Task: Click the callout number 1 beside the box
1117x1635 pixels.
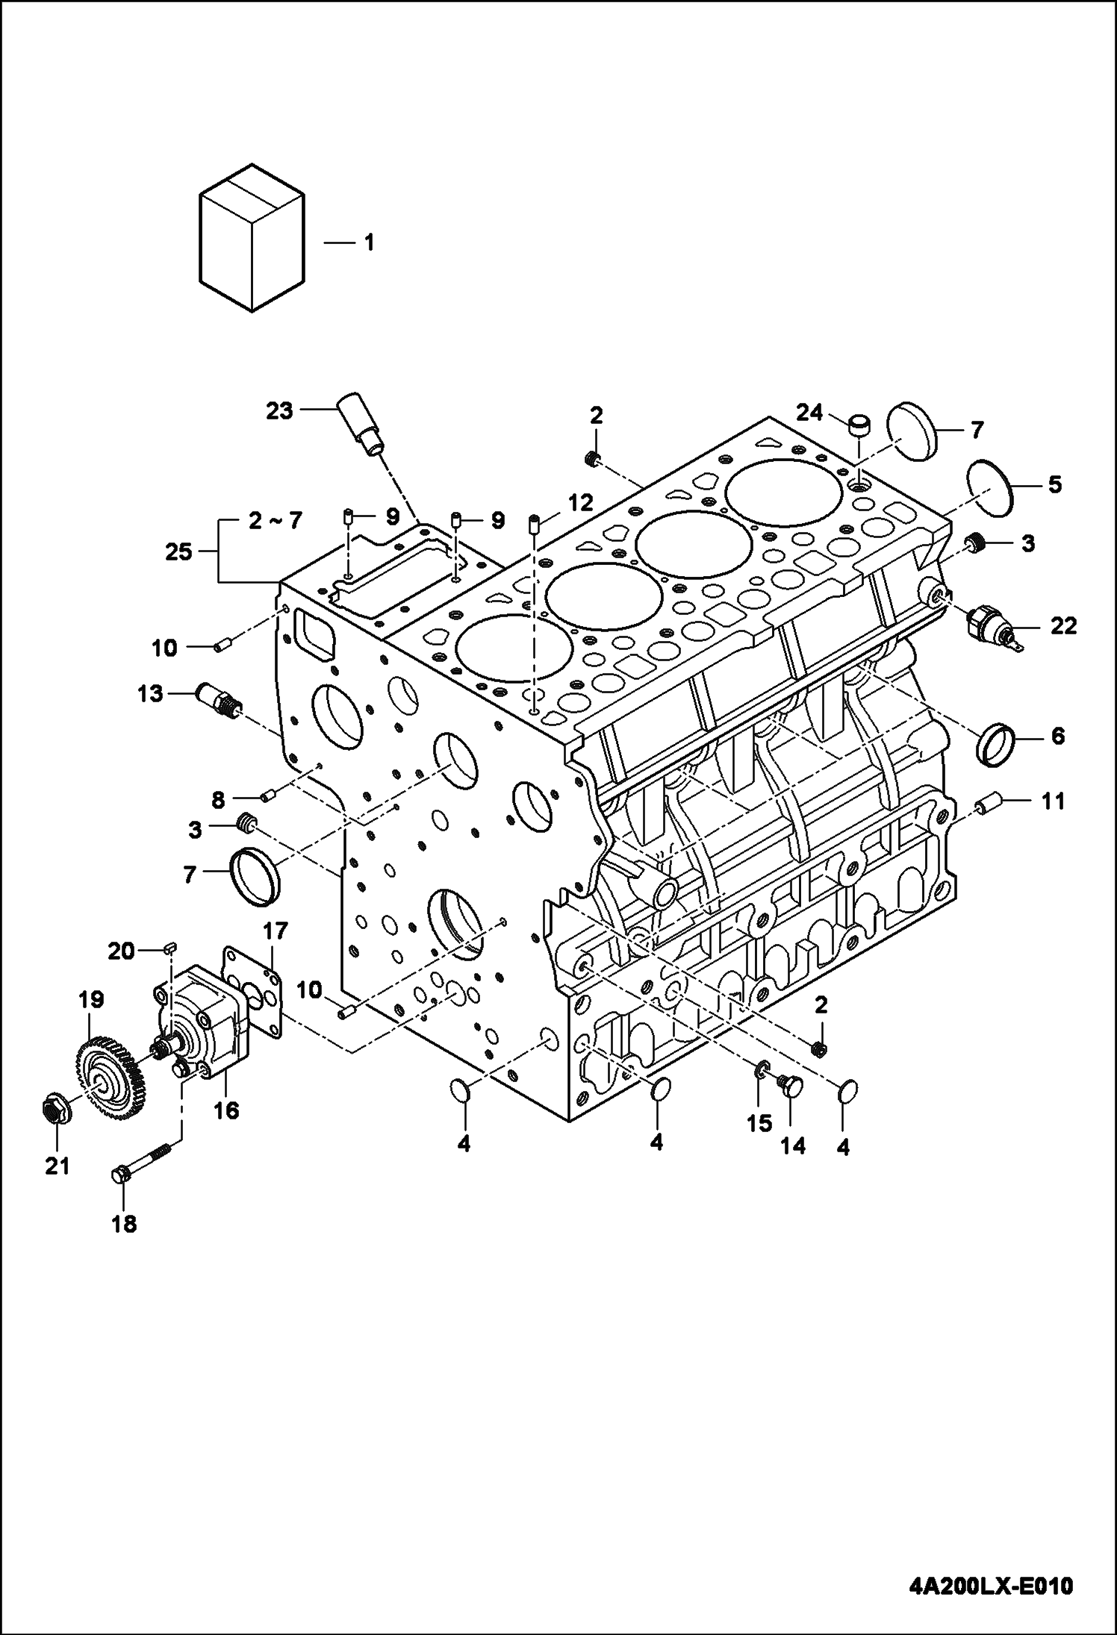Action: (368, 243)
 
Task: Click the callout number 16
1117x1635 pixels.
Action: (226, 1131)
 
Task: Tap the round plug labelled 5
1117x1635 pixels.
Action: (990, 487)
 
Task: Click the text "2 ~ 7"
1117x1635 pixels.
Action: (274, 520)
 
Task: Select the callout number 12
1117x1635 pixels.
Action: (580, 503)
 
